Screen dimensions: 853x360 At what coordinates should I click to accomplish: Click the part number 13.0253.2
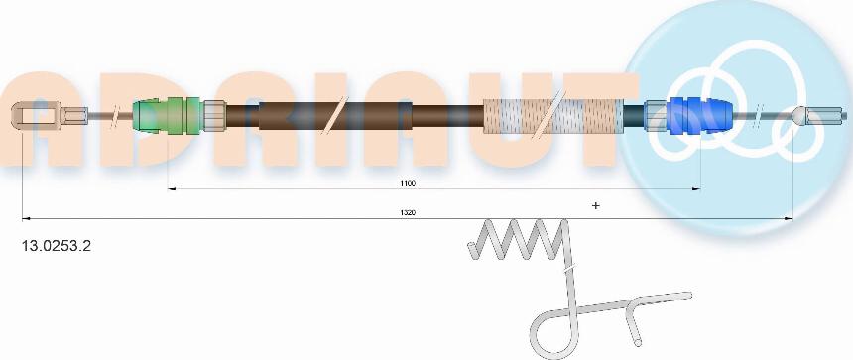(x=56, y=246)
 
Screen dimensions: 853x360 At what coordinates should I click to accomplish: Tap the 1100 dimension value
(x=408, y=183)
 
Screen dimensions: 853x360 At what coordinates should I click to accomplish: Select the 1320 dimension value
(x=408, y=212)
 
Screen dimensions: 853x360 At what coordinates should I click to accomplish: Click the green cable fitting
(x=168, y=115)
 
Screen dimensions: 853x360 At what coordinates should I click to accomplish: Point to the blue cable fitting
(x=698, y=115)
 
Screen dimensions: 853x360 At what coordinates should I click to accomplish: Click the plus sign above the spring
(x=596, y=205)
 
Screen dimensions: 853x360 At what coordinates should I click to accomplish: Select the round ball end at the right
(x=799, y=115)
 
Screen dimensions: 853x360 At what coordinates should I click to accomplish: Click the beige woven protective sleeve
(x=553, y=116)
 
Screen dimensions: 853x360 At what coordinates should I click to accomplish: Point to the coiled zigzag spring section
(x=517, y=239)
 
